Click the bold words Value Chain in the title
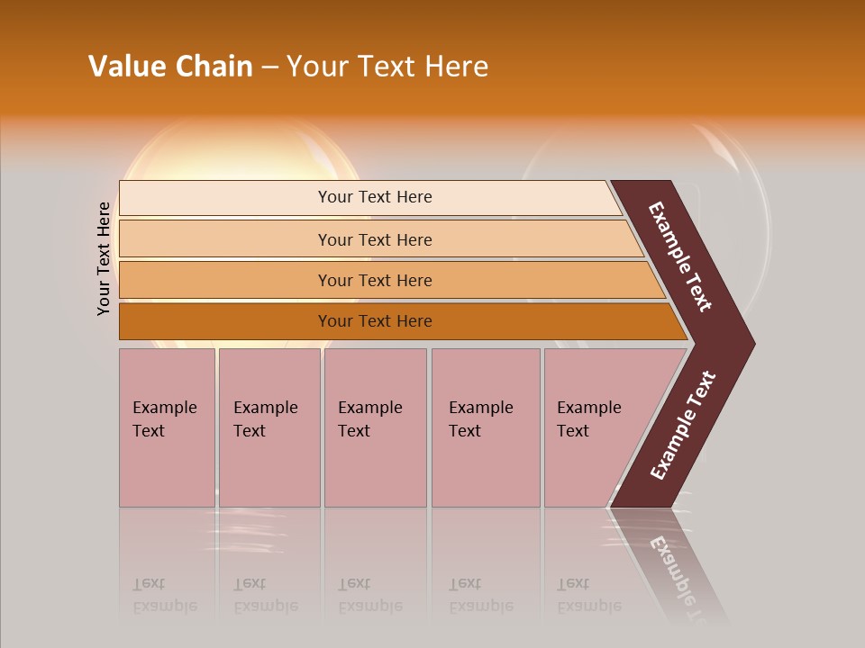pos(170,67)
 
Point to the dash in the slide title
pos(269,67)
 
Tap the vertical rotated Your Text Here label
pos(105,258)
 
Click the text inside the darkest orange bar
pos(375,321)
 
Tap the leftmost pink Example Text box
pos(167,427)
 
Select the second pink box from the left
pos(269,427)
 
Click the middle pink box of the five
pos(375,427)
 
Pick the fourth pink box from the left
pos(485,427)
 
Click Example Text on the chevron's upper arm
pos(680,256)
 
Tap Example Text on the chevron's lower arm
pos(682,426)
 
